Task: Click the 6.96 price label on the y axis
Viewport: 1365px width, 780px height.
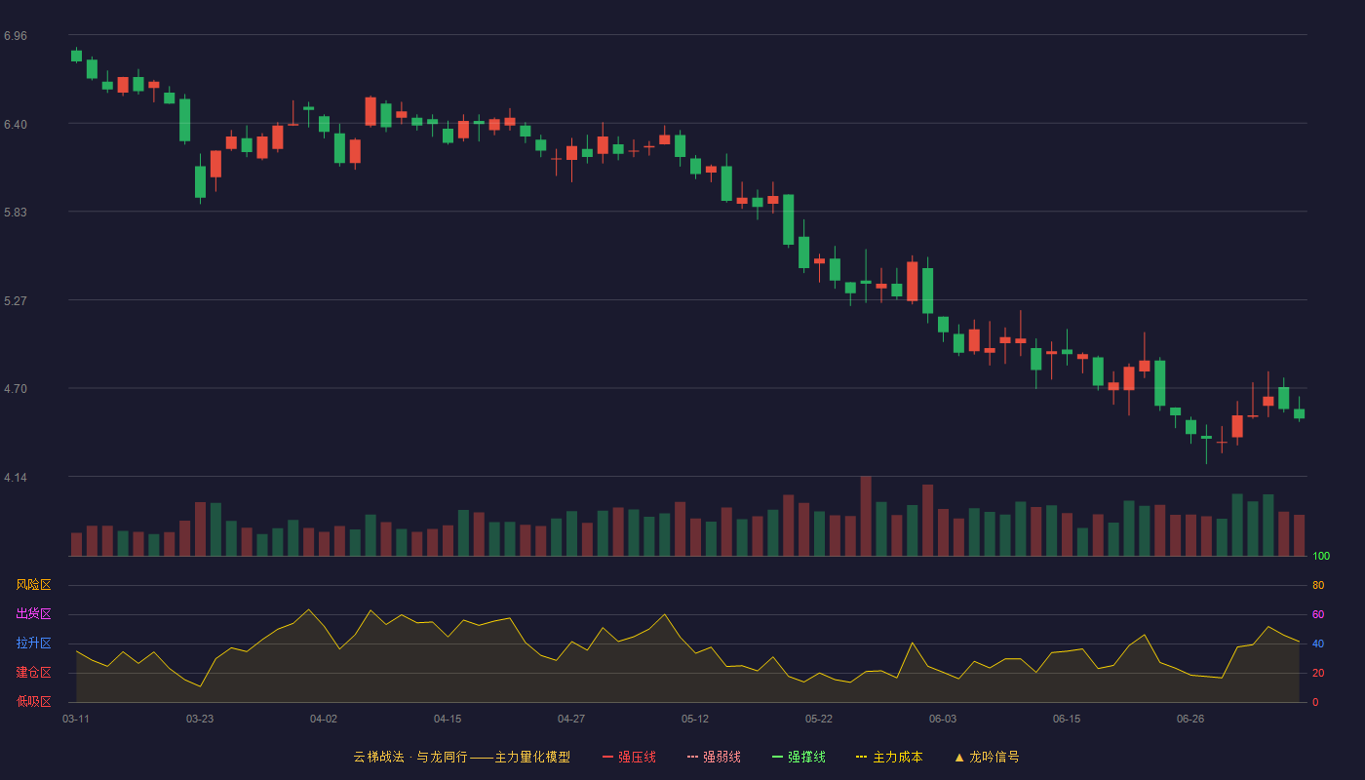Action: pyautogui.click(x=16, y=36)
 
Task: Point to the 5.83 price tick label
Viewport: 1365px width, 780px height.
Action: pyautogui.click(x=16, y=213)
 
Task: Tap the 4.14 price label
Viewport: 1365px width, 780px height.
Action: pyautogui.click(x=16, y=478)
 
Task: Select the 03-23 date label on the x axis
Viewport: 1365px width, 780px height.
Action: pyautogui.click(x=200, y=720)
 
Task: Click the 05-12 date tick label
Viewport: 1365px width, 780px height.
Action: pyautogui.click(x=695, y=720)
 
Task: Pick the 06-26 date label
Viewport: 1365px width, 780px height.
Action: pyautogui.click(x=1190, y=720)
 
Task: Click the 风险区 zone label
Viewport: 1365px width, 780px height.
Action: pyautogui.click(x=33, y=585)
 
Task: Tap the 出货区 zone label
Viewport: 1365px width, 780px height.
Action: pyautogui.click(x=33, y=613)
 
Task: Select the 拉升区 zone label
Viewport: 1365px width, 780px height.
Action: pyautogui.click(x=33, y=643)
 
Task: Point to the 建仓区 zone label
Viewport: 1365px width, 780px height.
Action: pyautogui.click(x=33, y=672)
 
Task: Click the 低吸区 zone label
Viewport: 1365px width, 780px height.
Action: pyautogui.click(x=33, y=701)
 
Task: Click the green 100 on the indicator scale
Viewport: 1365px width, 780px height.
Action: pyautogui.click(x=1321, y=556)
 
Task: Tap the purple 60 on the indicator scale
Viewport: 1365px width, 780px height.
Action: pyautogui.click(x=1318, y=614)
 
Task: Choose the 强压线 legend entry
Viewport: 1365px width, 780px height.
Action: pyautogui.click(x=629, y=757)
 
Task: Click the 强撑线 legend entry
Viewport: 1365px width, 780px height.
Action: pyautogui.click(x=799, y=757)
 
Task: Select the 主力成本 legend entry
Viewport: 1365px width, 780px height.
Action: pyautogui.click(x=889, y=757)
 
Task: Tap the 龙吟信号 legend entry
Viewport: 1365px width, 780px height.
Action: pyautogui.click(x=987, y=757)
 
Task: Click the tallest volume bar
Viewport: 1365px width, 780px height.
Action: pyautogui.click(x=866, y=516)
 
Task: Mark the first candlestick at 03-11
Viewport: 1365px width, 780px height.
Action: pyautogui.click(x=76, y=55)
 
